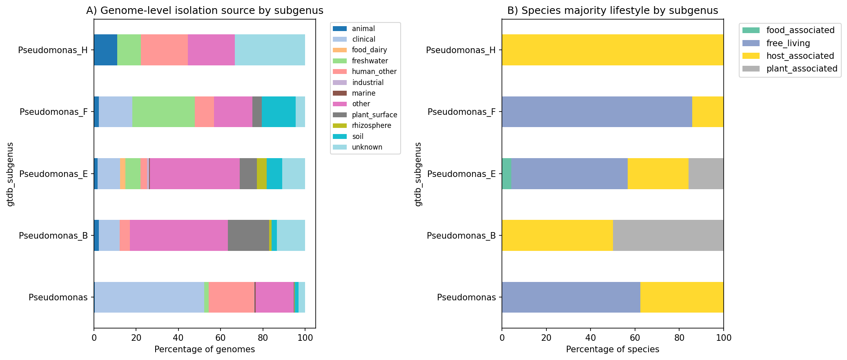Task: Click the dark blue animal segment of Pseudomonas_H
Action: click(105, 50)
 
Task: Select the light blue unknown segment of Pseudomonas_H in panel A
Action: click(270, 50)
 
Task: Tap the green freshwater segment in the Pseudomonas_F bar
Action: click(163, 112)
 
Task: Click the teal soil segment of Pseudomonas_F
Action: click(279, 112)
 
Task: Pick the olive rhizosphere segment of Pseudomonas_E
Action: click(262, 174)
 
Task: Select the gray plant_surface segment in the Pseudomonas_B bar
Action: click(248, 235)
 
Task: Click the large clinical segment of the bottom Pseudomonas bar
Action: click(149, 297)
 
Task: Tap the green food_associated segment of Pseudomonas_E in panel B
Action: click(506, 174)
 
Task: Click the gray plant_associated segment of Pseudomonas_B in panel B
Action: click(668, 235)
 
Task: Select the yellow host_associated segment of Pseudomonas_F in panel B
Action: click(708, 112)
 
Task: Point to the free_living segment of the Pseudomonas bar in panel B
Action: click(571, 297)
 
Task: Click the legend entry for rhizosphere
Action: click(371, 125)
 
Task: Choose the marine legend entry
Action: click(363, 93)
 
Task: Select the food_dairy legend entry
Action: click(369, 50)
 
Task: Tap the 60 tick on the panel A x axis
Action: click(221, 338)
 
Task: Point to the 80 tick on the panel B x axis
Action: click(679, 338)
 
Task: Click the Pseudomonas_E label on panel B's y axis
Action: click(461, 174)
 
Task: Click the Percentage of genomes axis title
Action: click(205, 349)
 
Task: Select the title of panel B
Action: click(613, 11)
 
